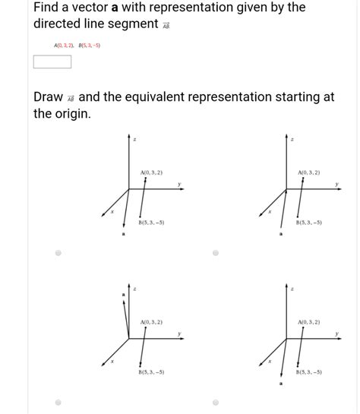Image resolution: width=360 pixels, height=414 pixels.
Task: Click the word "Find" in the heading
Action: coord(49,8)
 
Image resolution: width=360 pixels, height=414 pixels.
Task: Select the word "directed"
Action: coord(61,24)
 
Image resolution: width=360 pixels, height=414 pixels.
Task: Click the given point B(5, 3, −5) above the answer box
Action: coord(90,46)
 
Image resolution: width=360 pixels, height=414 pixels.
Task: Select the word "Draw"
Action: coord(49,98)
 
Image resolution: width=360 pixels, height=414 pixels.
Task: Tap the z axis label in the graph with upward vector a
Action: coord(134,289)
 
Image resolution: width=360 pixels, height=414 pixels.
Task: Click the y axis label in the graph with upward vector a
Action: coord(179,333)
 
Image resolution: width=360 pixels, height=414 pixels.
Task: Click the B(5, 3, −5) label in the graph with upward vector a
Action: coord(151,372)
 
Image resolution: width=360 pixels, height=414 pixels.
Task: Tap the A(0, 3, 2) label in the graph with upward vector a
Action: coord(152,322)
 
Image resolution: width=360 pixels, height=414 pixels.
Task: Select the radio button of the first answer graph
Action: coord(58,254)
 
